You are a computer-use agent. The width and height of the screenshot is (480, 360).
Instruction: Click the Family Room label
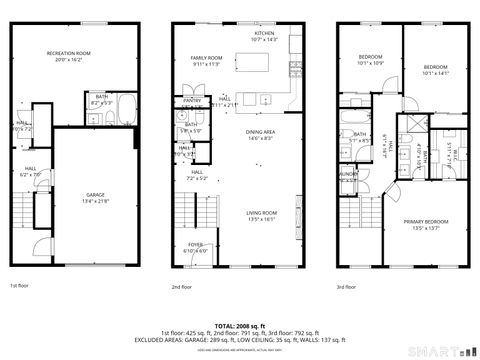206,60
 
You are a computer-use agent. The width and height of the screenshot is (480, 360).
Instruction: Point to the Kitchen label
264,33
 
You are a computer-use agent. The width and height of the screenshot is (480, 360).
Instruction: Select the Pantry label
192,100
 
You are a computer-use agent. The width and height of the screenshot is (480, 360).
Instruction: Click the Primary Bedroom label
426,222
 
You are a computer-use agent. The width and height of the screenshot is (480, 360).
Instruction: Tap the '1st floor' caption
20,286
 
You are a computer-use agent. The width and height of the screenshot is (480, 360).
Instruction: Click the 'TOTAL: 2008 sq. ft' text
240,326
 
